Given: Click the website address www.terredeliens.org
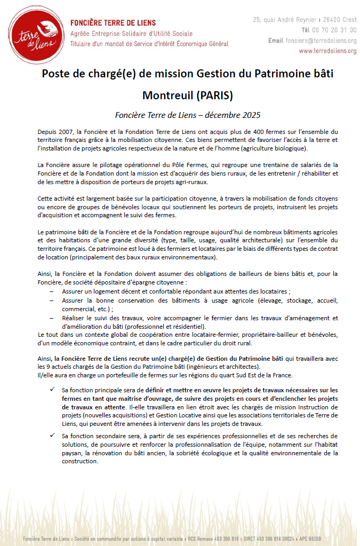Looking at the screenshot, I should point(327,51).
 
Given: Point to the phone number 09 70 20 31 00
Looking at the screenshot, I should point(337,30).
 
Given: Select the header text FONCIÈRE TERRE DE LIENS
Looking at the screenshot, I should point(113,23).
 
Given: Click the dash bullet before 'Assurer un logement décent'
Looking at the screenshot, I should point(51,292).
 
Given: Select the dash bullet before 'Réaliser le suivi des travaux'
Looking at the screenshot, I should point(51,318).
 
